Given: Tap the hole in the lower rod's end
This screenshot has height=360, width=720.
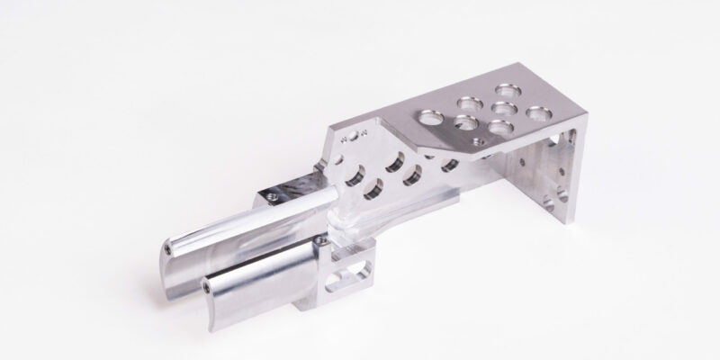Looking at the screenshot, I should pyautogui.click(x=207, y=285).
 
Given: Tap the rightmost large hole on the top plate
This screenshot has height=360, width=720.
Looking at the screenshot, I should pyautogui.click(x=537, y=115).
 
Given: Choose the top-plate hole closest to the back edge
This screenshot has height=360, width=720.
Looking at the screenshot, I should pyautogui.click(x=508, y=91).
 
